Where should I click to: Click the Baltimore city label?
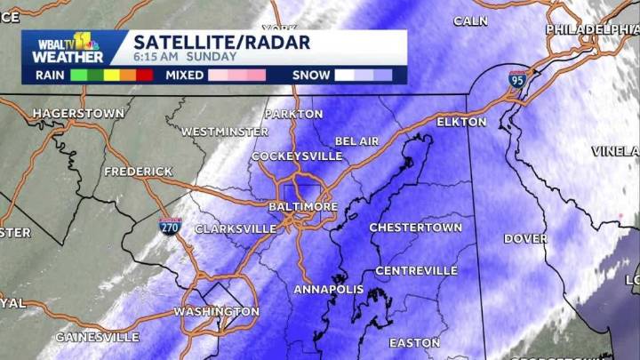[303, 206]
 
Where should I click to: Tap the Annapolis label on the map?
[328, 290]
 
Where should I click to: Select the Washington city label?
[216, 312]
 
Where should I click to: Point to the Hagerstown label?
[78, 114]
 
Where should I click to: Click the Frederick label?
[138, 171]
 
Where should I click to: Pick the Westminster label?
[224, 132]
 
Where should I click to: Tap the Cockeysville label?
[297, 156]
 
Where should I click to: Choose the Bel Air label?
[357, 141]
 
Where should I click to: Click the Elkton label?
[462, 122]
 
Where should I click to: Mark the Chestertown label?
[415, 228]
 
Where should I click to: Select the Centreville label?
[416, 270]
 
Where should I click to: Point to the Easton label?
[414, 342]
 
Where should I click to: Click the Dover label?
[525, 238]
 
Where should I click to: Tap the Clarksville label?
[235, 228]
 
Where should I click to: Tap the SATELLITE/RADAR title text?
[221, 41]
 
